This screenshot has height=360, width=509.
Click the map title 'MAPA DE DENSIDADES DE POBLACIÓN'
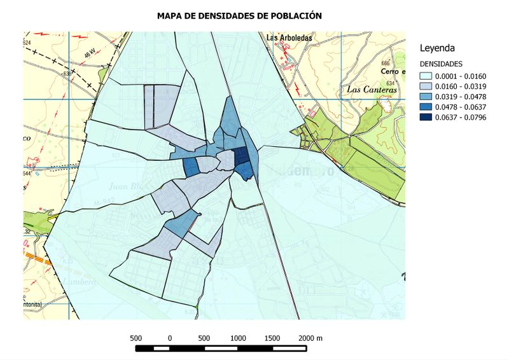point(239,15)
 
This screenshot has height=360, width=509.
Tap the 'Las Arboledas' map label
point(290,38)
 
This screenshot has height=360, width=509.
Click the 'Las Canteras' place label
point(372,90)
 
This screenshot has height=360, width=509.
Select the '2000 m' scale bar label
point(311,338)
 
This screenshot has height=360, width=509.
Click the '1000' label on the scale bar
point(238,338)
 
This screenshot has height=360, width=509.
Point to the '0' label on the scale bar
point(170,338)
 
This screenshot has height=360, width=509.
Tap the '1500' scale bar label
point(272,338)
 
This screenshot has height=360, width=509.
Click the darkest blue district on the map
point(242,156)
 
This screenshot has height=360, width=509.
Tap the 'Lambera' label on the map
point(78,281)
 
